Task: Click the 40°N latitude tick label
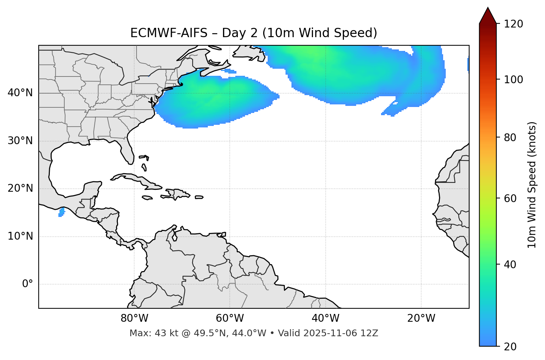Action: pyautogui.click(x=20, y=93)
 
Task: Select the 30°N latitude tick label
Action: pyautogui.click(x=20, y=141)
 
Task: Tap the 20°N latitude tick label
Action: pyautogui.click(x=20, y=188)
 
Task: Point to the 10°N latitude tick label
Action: pyautogui.click(x=20, y=236)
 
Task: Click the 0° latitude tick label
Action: pyautogui.click(x=28, y=284)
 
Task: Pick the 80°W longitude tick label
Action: pyautogui.click(x=134, y=318)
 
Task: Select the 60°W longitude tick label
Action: pyautogui.click(x=230, y=318)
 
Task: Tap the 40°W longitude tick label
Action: pyautogui.click(x=325, y=318)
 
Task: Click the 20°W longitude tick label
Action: pyautogui.click(x=421, y=318)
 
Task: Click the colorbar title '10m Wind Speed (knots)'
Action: pyautogui.click(x=532, y=185)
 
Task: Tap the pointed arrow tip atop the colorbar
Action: pyautogui.click(x=488, y=9)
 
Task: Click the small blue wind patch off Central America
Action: pyautogui.click(x=61, y=212)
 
